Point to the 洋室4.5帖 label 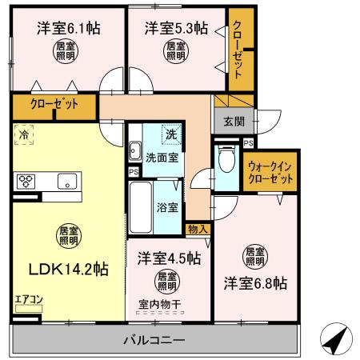[168, 258]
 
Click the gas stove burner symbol [26, 179]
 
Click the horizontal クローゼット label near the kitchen [48, 104]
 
